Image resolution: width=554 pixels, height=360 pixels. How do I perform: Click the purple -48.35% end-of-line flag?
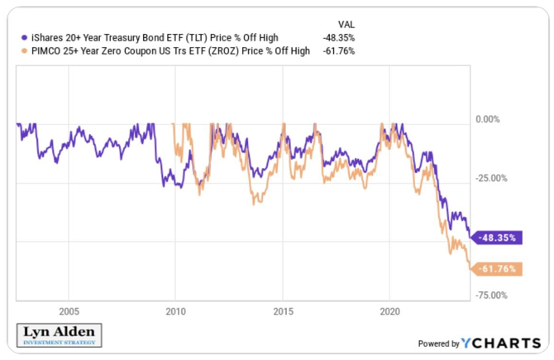(497, 238)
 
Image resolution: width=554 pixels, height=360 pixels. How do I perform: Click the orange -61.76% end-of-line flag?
(497, 269)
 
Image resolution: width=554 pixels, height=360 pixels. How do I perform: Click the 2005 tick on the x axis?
(69, 312)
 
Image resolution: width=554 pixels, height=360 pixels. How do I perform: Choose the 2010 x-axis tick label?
(175, 312)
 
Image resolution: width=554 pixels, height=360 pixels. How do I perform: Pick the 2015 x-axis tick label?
(283, 312)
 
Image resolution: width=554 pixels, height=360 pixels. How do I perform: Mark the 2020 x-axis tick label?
(389, 312)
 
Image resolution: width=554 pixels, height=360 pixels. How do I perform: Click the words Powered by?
(439, 343)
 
